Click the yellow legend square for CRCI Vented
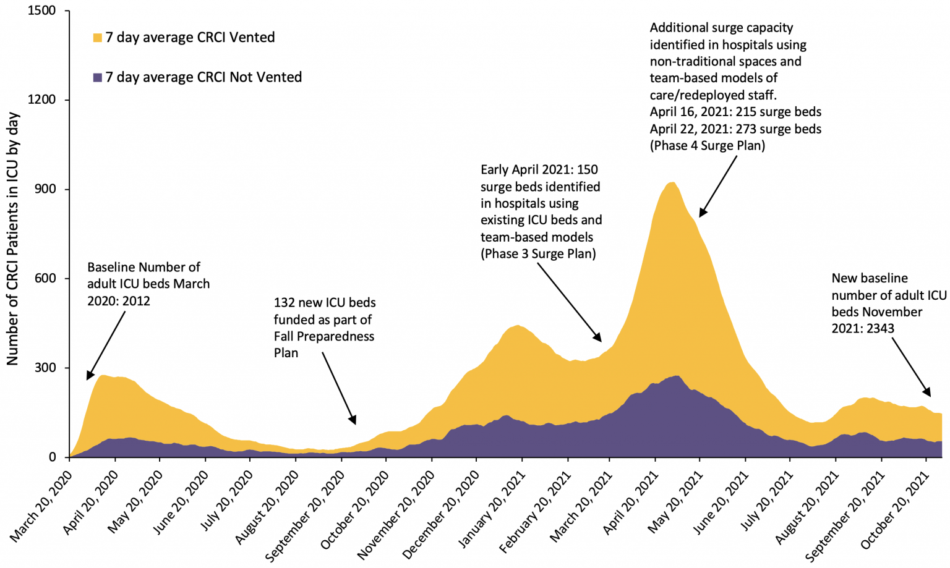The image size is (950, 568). (97, 38)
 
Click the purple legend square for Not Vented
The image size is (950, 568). (97, 78)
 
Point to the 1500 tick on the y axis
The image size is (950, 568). (42, 11)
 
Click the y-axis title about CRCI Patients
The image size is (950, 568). (13, 238)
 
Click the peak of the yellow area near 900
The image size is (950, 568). (672, 183)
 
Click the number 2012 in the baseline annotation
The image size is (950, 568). (135, 301)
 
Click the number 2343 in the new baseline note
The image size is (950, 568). (879, 329)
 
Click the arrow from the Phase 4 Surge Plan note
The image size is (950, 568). (718, 186)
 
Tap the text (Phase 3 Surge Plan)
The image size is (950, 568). (538, 254)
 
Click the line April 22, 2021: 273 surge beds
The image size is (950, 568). (735, 129)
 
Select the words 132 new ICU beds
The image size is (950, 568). (325, 303)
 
